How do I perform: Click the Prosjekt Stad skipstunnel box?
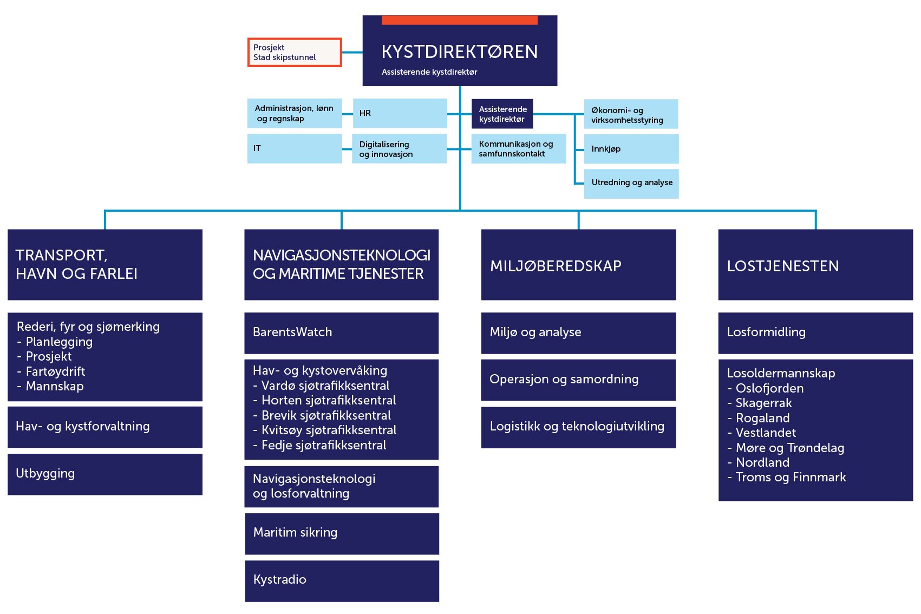pyautogui.click(x=295, y=53)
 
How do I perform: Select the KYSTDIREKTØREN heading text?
pyautogui.click(x=459, y=52)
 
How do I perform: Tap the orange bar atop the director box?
pyautogui.click(x=459, y=20)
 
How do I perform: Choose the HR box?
pyautogui.click(x=400, y=113)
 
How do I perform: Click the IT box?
pyautogui.click(x=295, y=148)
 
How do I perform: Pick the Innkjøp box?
pyautogui.click(x=631, y=149)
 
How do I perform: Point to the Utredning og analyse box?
pyautogui.click(x=631, y=183)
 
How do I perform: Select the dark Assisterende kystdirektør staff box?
pyautogui.click(x=502, y=114)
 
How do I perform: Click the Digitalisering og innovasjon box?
pyautogui.click(x=399, y=149)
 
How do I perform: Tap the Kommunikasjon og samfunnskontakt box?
pyautogui.click(x=518, y=149)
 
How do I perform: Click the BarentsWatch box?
pyautogui.click(x=341, y=332)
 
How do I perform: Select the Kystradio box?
pyautogui.click(x=342, y=580)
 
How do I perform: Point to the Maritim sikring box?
pyautogui.click(x=342, y=533)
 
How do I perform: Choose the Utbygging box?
pyautogui.click(x=104, y=474)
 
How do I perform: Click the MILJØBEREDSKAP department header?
pyautogui.click(x=578, y=265)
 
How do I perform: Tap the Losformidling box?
pyautogui.click(x=815, y=332)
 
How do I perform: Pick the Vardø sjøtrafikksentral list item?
pyautogui.click(x=325, y=386)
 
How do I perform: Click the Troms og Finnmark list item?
pyautogui.click(x=790, y=478)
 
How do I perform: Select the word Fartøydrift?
pyautogui.click(x=55, y=372)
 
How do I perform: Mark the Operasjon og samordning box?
pyautogui.click(x=578, y=380)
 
